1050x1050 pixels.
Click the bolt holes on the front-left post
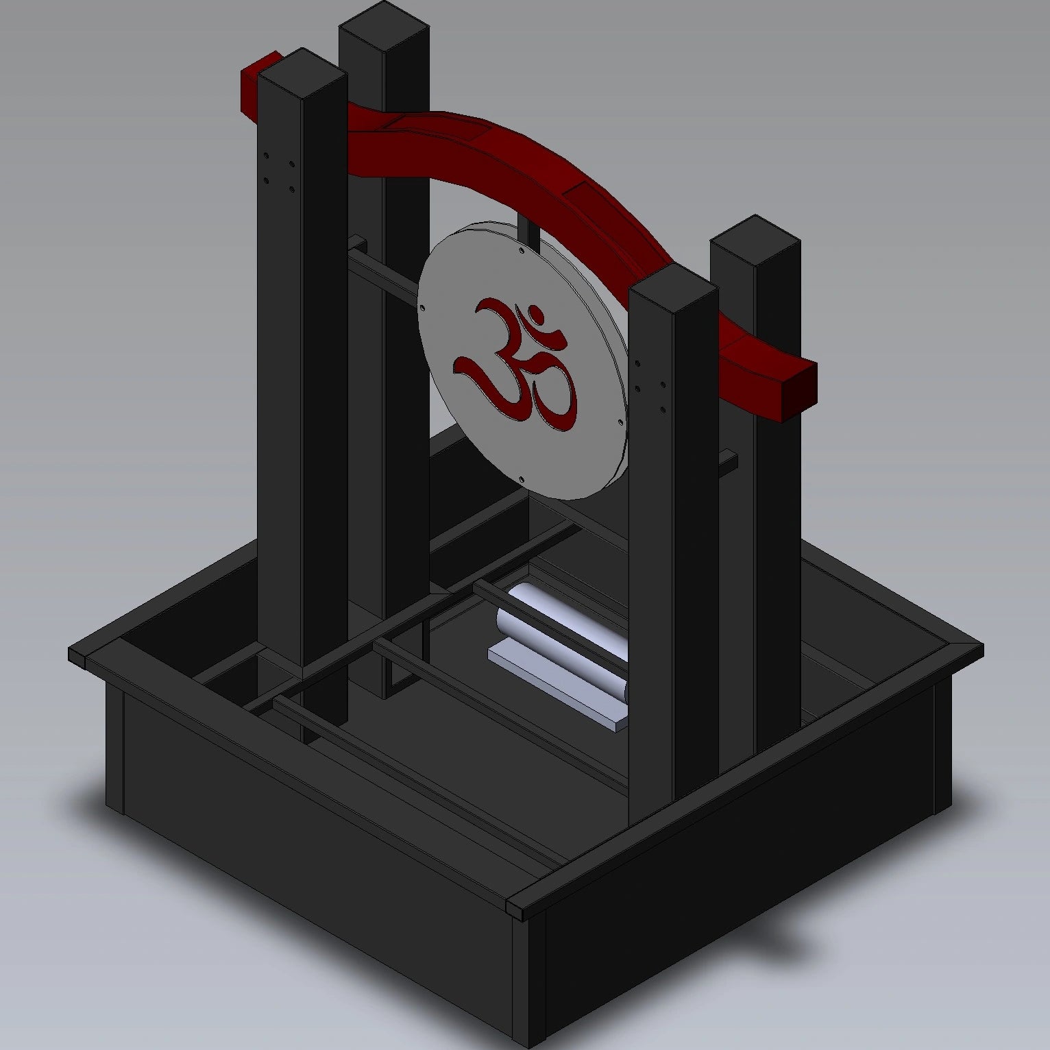pos(279,172)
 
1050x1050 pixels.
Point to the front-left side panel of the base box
pos(308,864)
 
